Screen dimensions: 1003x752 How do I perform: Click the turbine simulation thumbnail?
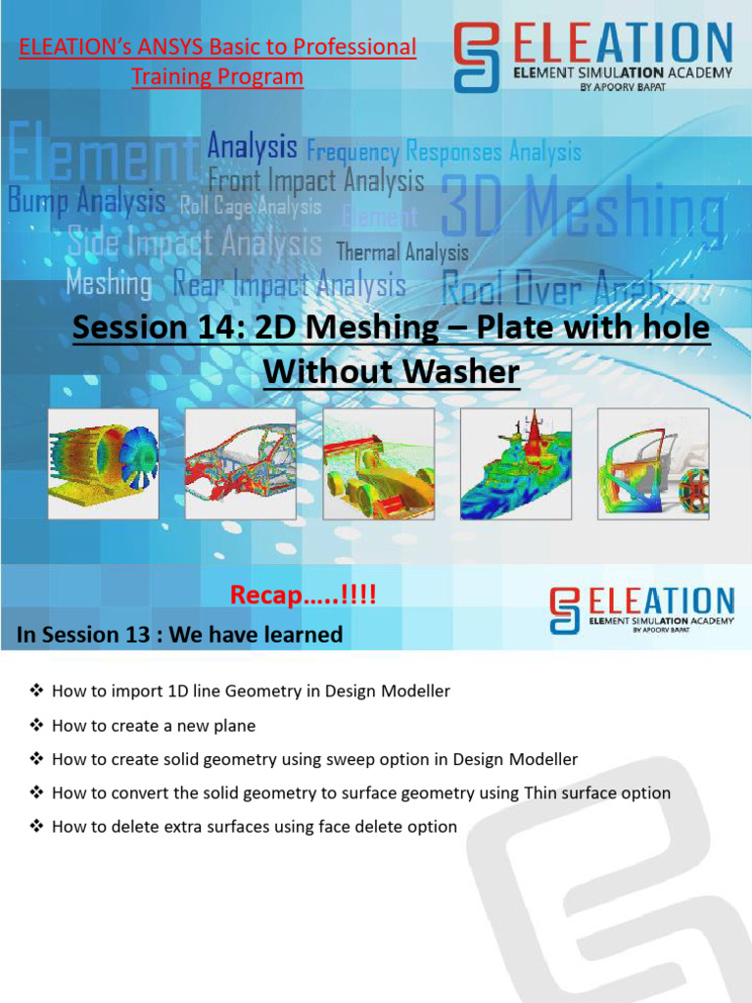point(103,463)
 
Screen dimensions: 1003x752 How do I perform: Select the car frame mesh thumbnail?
point(240,463)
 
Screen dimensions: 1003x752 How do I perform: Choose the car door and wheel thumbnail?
point(653,463)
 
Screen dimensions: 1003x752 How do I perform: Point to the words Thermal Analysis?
point(402,253)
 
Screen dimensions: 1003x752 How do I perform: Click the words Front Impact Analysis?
point(316,180)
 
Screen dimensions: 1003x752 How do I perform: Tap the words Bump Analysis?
point(86,202)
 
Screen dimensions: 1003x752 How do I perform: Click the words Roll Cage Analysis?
point(251,207)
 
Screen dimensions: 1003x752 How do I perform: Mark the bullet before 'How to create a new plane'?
point(37,725)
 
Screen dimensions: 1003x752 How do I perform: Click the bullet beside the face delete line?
point(37,827)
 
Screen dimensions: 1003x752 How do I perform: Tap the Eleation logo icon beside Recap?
point(565,610)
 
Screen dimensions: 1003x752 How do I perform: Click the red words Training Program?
point(217,76)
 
